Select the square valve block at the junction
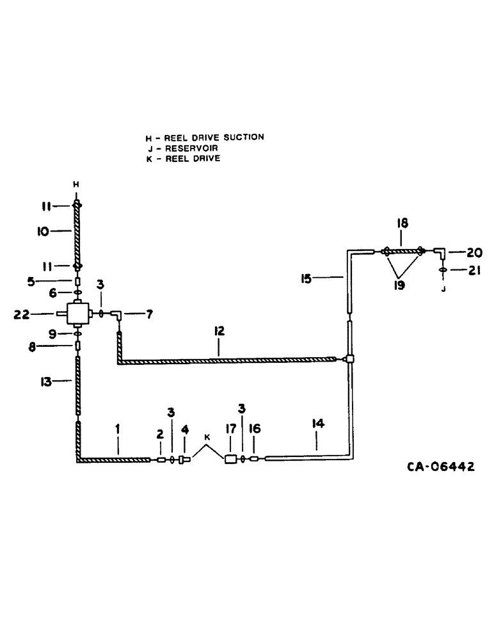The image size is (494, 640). click(76, 314)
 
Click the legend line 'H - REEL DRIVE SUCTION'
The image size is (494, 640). click(205, 137)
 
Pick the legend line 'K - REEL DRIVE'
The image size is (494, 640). click(183, 159)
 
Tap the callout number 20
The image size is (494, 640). click(474, 252)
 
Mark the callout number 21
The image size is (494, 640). click(474, 271)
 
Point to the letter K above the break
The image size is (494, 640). click(207, 437)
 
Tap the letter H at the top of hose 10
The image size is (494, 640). click(76, 185)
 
